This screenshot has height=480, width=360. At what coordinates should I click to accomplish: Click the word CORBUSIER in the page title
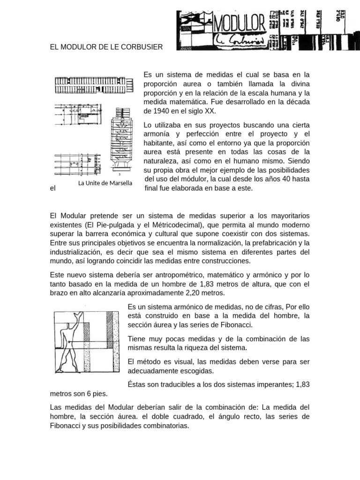142,47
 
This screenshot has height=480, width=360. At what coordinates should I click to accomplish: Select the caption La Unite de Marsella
105,183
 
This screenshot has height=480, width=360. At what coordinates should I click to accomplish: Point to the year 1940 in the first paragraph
162,111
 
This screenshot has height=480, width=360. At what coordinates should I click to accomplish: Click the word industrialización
75,252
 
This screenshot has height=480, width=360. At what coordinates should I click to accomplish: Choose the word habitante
160,143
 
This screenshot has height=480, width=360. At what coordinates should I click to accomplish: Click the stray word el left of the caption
52,188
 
